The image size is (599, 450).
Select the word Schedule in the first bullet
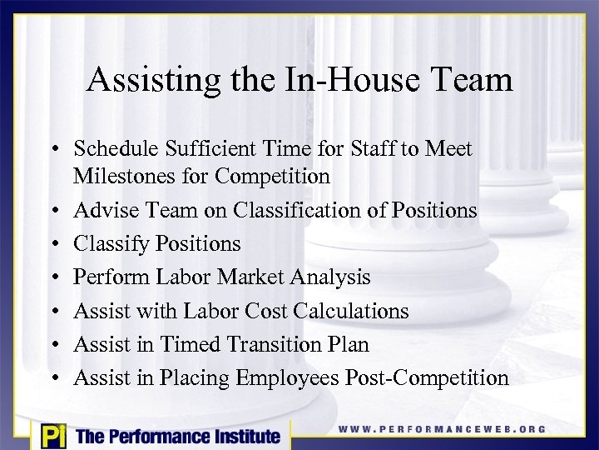(113, 149)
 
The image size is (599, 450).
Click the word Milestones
(124, 177)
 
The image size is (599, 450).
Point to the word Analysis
(326, 277)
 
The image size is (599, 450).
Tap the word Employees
(288, 378)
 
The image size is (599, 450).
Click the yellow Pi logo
(52, 435)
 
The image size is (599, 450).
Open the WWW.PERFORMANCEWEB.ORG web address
(442, 430)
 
